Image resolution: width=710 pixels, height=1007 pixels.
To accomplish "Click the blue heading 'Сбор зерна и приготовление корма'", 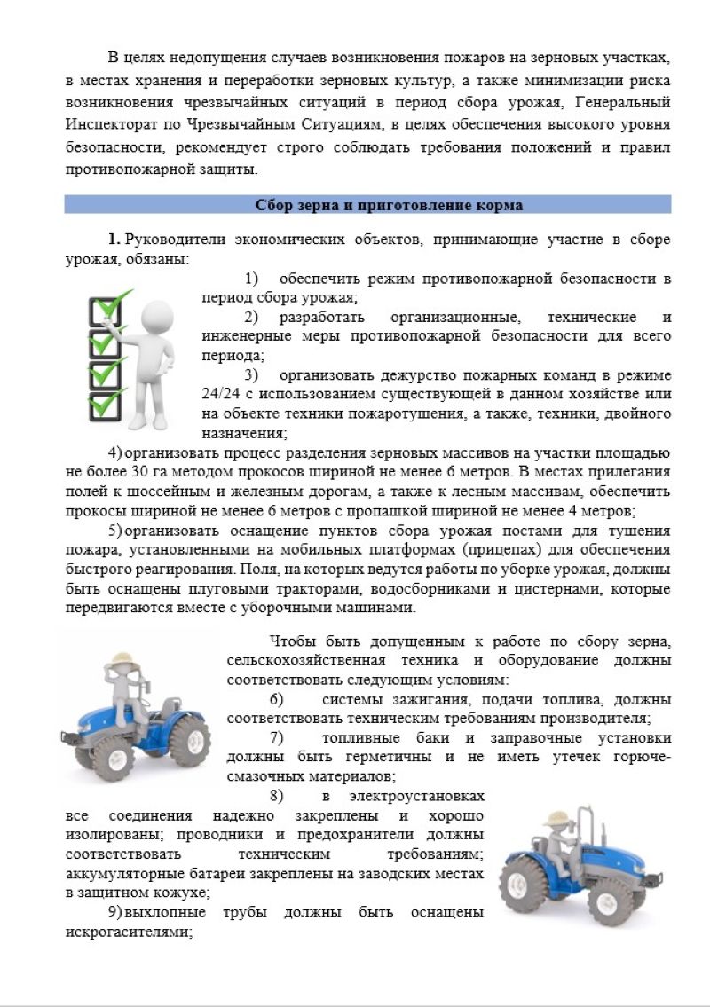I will coord(389,205).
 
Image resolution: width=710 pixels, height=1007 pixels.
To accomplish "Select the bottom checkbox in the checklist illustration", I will coord(105,404).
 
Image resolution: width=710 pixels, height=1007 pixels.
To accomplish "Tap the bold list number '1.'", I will coord(114,240).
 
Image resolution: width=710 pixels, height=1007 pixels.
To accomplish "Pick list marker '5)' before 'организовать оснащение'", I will coord(114,531).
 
